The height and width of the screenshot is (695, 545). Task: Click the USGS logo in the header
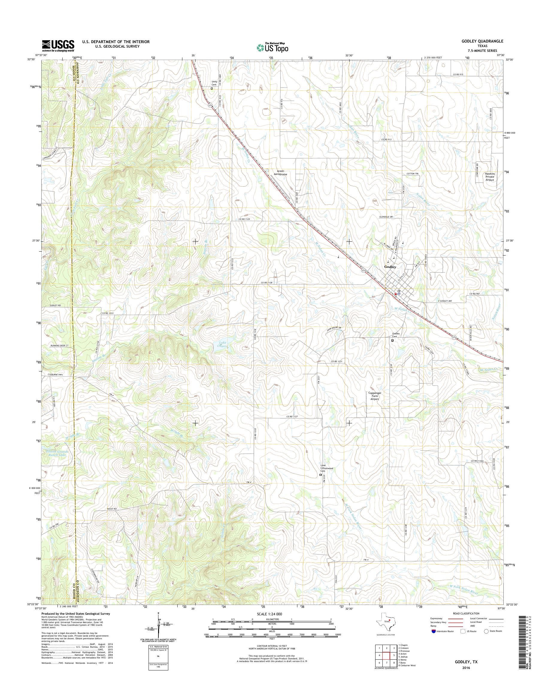[58, 46]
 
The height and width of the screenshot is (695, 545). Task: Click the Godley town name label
[390, 267]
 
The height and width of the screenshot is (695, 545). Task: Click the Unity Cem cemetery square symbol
[211, 89]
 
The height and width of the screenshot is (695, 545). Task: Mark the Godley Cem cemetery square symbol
[393, 340]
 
